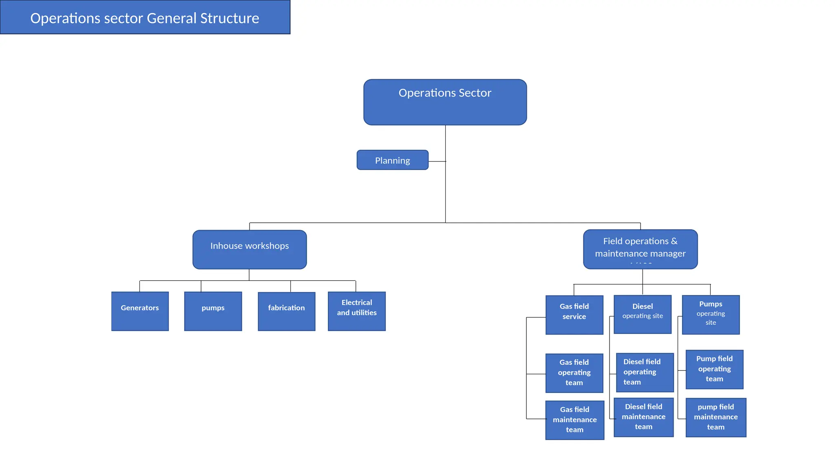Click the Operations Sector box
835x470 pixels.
[445, 102]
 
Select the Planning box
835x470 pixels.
[392, 160]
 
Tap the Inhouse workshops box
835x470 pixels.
[250, 249]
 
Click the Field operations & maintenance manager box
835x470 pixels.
[640, 249]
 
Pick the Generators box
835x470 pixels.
[140, 311]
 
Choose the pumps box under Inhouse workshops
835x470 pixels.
[213, 311]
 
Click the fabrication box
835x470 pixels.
[286, 311]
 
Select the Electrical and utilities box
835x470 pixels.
[356, 311]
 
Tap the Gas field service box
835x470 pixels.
[574, 315]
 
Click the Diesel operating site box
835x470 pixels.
[642, 314]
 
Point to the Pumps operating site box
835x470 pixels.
[710, 315]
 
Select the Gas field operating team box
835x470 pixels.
[574, 372]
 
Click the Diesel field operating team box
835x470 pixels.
[644, 372]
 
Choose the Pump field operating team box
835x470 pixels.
[714, 369]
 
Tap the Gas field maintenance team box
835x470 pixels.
[574, 419]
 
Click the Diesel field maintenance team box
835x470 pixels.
[643, 417]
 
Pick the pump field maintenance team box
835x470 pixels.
[716, 417]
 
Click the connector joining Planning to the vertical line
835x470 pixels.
[437, 161]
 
